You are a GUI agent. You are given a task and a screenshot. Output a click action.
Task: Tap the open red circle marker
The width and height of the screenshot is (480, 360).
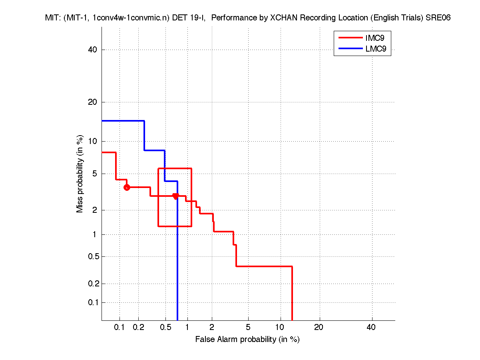tap(127, 187)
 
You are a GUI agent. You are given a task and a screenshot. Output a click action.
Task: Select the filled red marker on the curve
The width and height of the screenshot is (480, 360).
tap(175, 196)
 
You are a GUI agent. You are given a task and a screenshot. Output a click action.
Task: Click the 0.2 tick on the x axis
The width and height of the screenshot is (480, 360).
tap(139, 327)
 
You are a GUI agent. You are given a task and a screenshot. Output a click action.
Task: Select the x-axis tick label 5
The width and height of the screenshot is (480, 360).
tap(248, 327)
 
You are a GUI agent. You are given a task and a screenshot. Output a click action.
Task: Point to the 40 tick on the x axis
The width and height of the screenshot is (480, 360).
tap(371, 327)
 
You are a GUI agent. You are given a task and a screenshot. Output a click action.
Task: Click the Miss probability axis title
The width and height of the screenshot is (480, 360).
tap(80, 174)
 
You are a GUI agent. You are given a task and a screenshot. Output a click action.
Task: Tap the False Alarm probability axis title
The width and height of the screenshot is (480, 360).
tap(247, 340)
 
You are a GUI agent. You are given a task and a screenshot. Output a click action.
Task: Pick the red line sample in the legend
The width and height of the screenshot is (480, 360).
tap(350, 38)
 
